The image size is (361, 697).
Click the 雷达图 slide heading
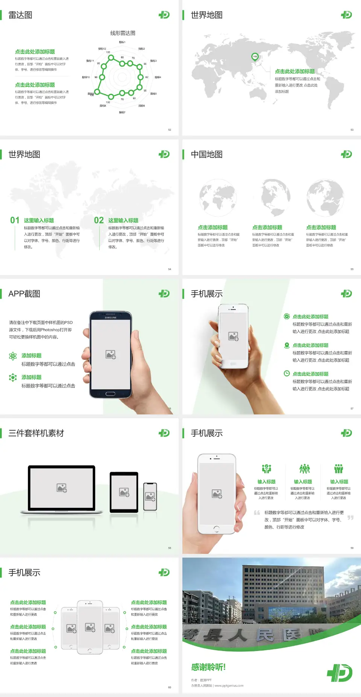click(20, 15)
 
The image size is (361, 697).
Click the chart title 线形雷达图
click(123, 33)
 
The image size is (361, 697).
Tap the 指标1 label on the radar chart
click(122, 42)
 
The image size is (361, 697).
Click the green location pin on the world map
click(255, 57)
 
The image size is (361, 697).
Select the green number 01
click(15, 220)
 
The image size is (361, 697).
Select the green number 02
click(99, 220)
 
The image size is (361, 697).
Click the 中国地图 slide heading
click(206, 154)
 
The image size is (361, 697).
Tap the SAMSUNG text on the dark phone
click(111, 318)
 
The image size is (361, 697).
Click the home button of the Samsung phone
click(110, 394)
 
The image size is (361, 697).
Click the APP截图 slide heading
click(24, 294)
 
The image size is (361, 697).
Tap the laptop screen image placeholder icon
click(62, 488)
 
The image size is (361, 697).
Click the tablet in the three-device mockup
click(124, 492)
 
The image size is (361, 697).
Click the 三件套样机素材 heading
click(36, 433)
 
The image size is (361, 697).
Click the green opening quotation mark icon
click(257, 513)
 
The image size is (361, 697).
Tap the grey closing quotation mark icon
click(350, 518)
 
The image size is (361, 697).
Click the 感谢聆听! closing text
click(208, 667)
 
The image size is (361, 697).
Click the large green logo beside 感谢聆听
click(340, 673)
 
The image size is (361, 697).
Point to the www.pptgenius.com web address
click(229, 686)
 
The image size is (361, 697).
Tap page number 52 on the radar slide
click(170, 130)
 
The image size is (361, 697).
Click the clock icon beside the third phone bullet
click(287, 373)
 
